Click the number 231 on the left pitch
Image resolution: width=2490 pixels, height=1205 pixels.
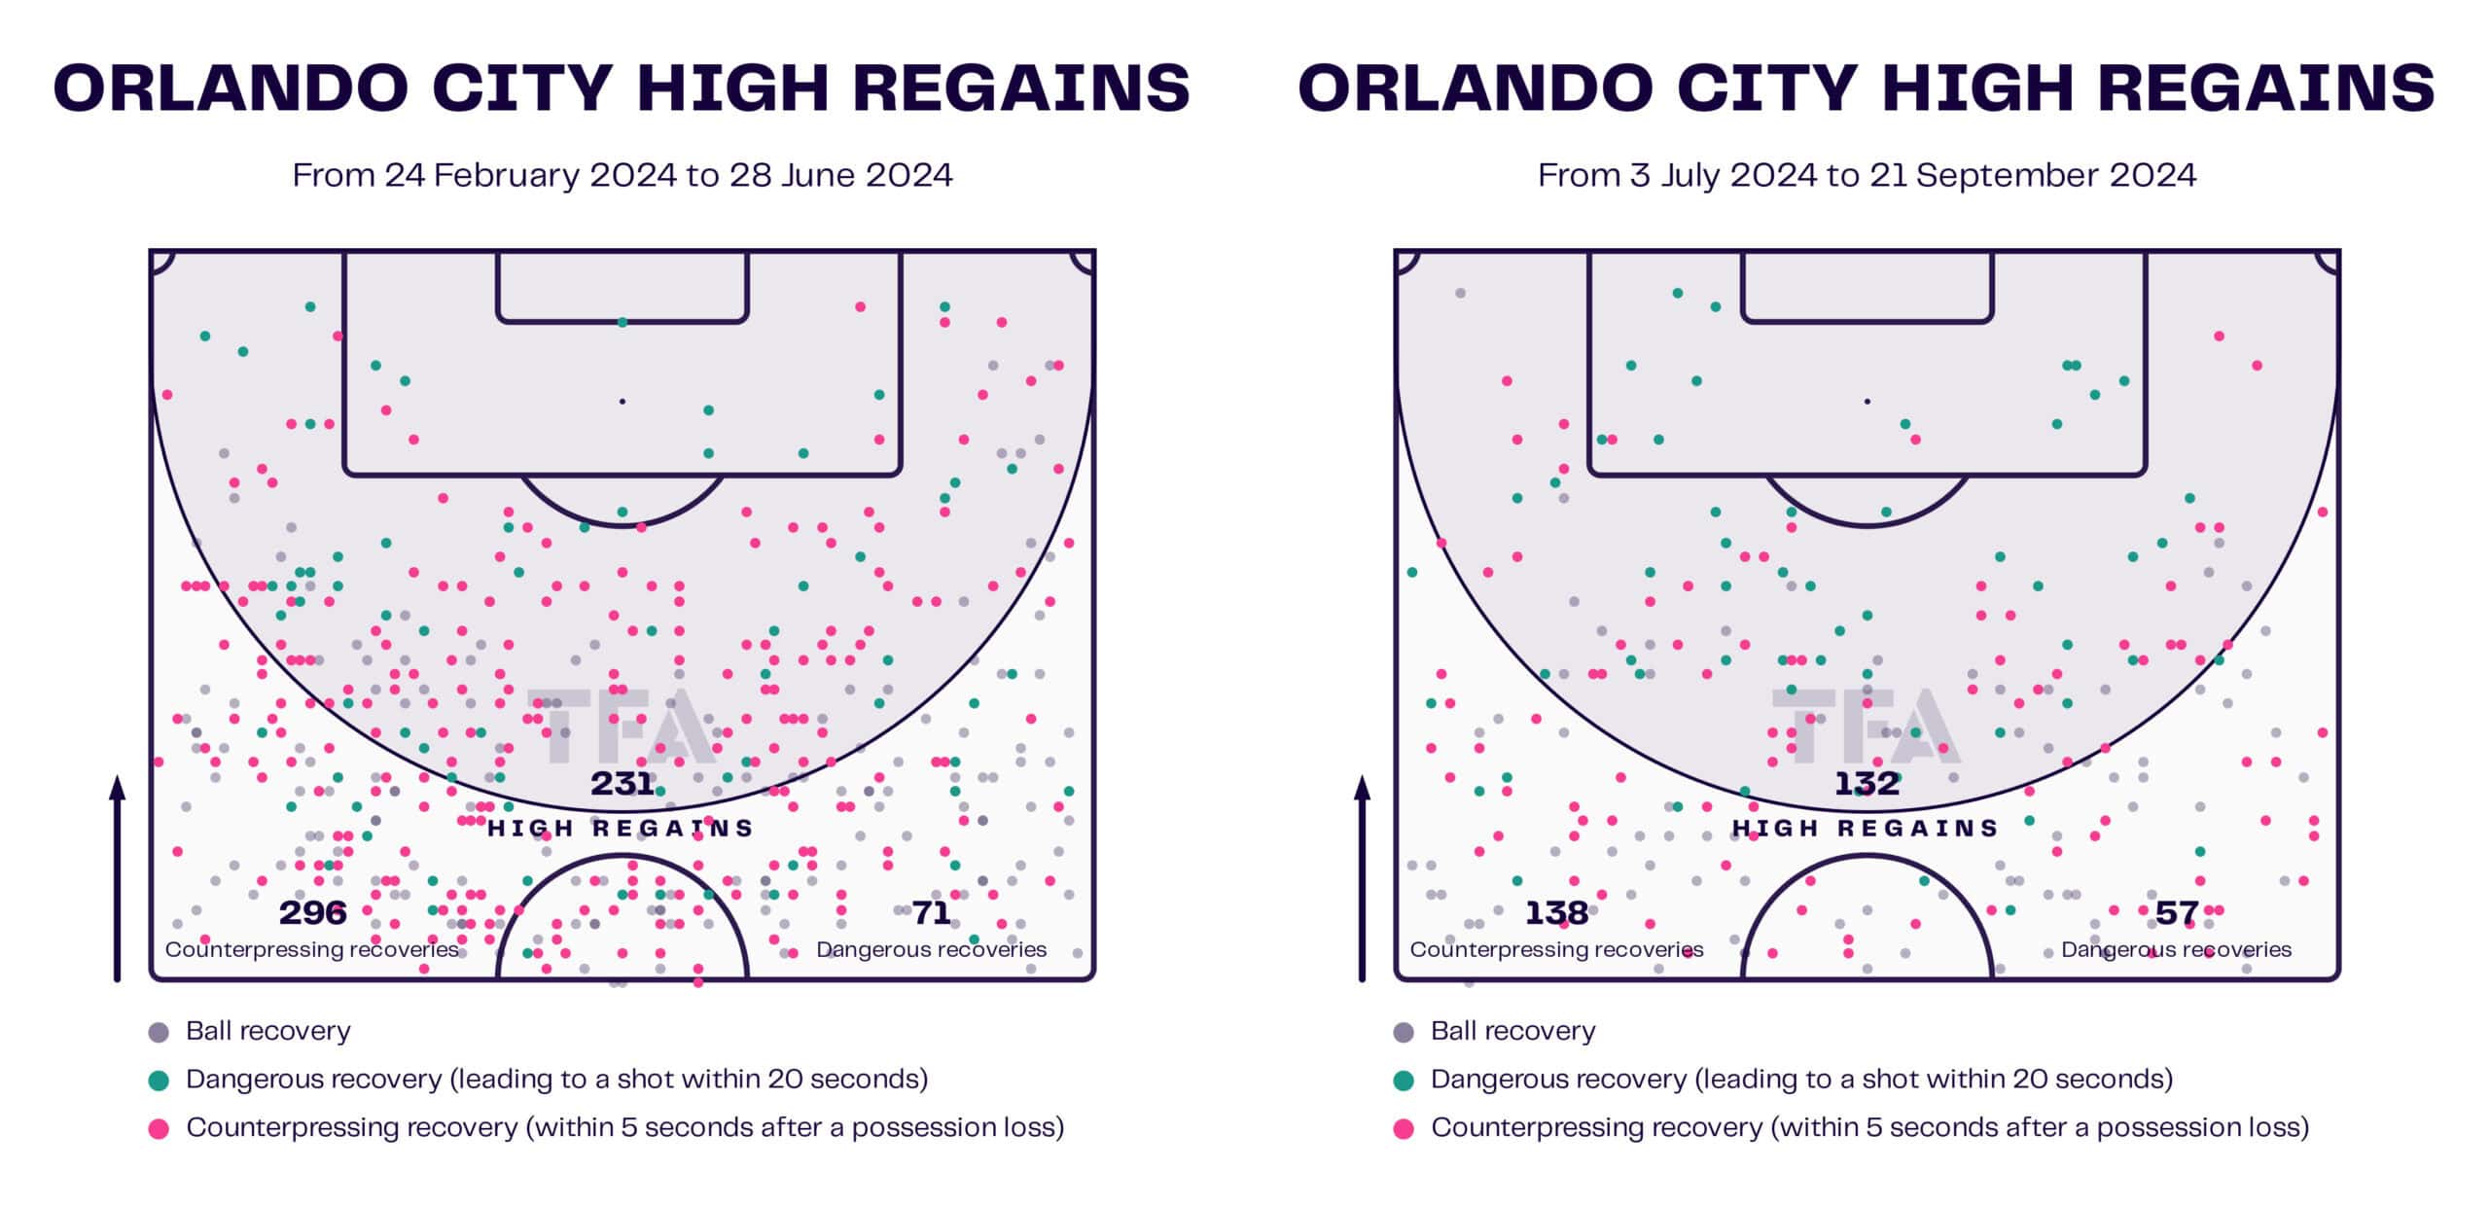click(622, 784)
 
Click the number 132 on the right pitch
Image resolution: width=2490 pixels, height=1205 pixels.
click(1867, 784)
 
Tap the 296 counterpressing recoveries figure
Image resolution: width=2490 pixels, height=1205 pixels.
click(312, 913)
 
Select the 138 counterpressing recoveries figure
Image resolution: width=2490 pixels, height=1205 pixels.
click(1556, 913)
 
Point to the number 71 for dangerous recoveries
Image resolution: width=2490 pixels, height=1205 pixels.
click(931, 913)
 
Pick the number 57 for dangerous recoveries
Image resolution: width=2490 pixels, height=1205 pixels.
click(2176, 913)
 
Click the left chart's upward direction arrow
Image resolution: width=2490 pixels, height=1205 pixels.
click(118, 875)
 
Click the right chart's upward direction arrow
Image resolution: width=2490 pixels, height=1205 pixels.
click(1362, 875)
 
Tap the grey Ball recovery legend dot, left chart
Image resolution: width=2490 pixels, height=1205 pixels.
click(159, 1032)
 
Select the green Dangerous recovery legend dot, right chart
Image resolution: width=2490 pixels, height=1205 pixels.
click(1404, 1081)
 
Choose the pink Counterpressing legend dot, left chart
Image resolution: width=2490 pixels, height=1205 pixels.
click(159, 1128)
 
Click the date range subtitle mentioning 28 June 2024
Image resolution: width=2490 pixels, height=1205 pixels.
click(622, 175)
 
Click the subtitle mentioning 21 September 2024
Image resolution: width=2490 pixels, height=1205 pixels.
click(1867, 175)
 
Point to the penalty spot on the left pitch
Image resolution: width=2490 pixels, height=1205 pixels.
click(622, 401)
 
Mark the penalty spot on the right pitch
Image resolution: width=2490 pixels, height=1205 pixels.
click(1867, 401)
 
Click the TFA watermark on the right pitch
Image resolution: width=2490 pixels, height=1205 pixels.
click(1866, 727)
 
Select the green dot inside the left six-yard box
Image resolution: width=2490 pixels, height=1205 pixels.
click(622, 322)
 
